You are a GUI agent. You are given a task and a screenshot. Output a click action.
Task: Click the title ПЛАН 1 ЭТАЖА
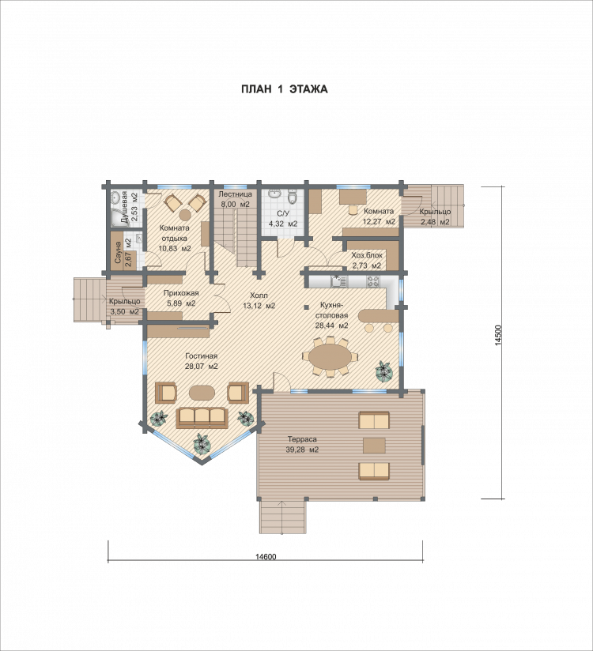point(284,89)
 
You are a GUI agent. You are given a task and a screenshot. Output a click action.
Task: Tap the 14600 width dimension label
point(266,557)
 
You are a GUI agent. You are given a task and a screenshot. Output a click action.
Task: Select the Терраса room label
point(302,439)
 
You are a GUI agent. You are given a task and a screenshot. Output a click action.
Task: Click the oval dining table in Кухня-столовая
point(330,356)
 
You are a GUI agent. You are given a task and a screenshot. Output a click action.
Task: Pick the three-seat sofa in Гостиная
point(202,417)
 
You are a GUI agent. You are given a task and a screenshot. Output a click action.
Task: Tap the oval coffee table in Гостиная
point(202,392)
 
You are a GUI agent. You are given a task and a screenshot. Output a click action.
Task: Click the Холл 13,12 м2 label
point(259,300)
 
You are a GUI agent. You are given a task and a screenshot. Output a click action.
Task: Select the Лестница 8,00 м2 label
point(235,199)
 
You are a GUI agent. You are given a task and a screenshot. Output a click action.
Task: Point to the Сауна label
point(118,253)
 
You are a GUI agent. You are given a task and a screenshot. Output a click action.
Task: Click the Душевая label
point(124,208)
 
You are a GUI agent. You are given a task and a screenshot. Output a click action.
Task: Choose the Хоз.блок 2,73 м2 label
point(367,260)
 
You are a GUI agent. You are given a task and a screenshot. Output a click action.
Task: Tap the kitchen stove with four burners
point(372,281)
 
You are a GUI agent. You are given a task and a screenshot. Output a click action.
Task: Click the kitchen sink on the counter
point(338,281)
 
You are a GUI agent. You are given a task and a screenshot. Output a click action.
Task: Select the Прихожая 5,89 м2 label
point(181,299)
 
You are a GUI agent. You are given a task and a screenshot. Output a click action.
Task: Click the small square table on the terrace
point(374,446)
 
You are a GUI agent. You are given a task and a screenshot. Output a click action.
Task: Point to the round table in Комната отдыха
point(185,215)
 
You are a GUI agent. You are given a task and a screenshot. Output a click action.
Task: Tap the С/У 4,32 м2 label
point(283,219)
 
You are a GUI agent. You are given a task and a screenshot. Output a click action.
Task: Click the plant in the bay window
point(202,444)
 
